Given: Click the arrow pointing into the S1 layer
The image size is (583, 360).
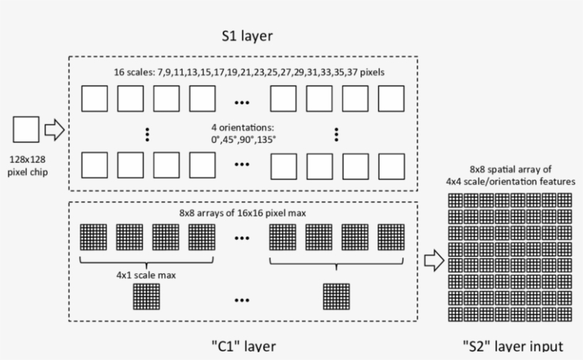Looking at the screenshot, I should [54, 130].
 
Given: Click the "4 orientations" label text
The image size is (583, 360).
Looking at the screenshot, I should [242, 133].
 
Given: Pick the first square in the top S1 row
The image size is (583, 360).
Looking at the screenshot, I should [94, 99].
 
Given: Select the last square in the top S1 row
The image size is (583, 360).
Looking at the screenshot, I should [390, 99].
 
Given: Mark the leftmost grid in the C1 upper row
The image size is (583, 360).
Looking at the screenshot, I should [94, 237].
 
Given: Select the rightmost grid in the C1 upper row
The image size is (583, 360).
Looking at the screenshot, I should [390, 237].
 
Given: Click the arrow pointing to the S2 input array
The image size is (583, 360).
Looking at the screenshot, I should [434, 261].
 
